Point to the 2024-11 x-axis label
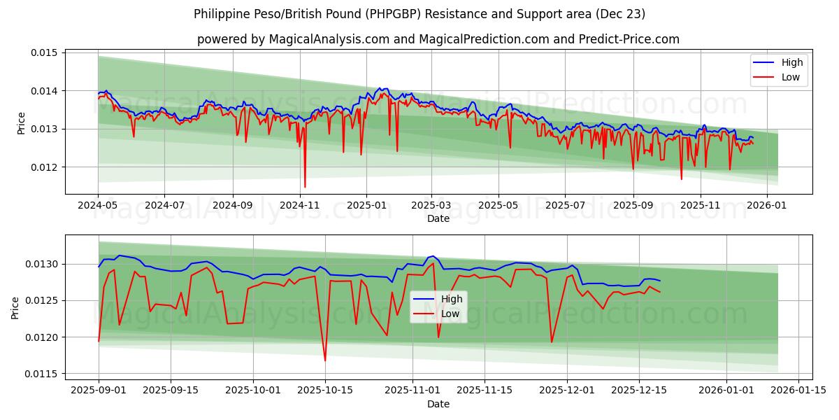click(299, 206)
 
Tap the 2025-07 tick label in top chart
click(565, 206)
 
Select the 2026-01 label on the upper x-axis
click(766, 206)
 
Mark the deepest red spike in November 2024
click(305, 186)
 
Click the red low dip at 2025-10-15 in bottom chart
click(325, 360)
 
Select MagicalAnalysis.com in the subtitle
click(329, 39)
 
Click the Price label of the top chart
click(21, 123)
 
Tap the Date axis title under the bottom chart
click(438, 404)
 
